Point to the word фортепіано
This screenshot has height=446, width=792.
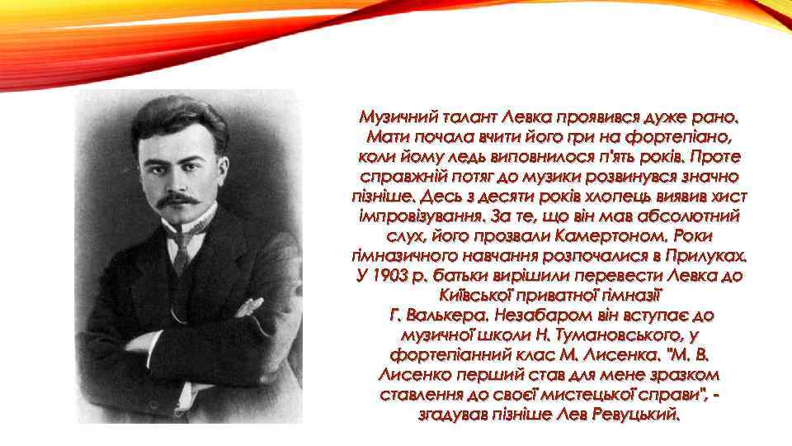tap(690, 135)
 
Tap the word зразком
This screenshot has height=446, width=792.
tap(683, 374)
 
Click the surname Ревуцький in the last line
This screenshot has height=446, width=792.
tap(636, 414)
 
